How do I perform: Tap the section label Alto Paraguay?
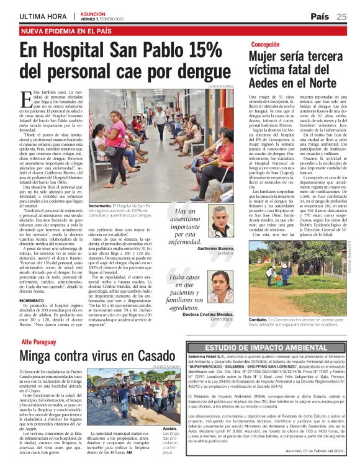pos(38,342)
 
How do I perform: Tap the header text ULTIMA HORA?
pos(43,16)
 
